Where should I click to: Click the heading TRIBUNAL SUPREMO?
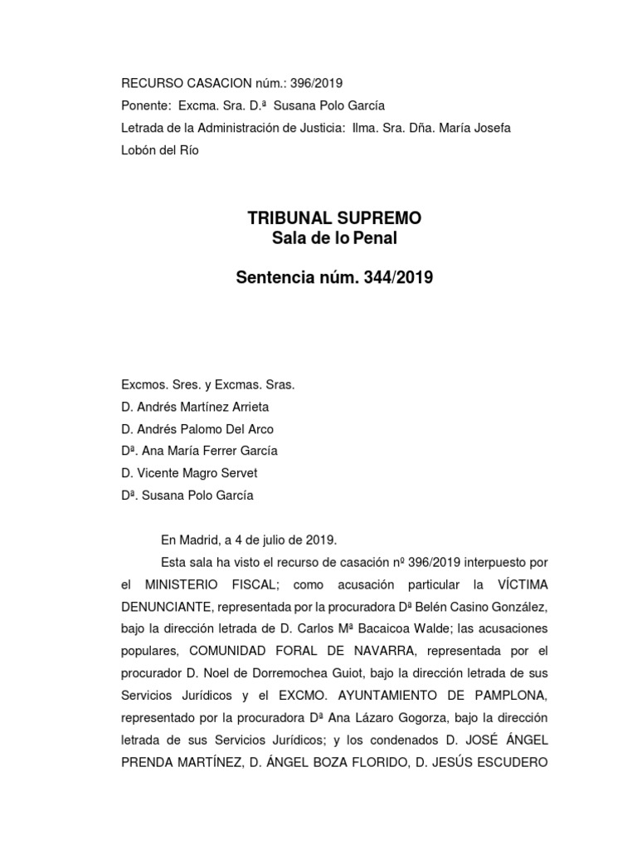tap(335, 218)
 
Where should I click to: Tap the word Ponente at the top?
tap(145, 106)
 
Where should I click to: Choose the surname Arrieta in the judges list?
tap(246, 408)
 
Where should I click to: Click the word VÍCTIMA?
tap(516, 584)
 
